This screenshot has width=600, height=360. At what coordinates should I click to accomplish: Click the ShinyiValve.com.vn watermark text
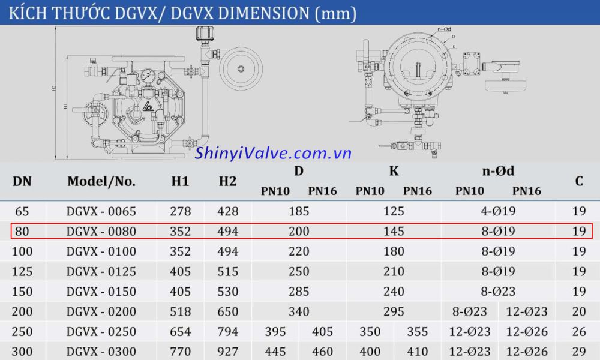(x=273, y=154)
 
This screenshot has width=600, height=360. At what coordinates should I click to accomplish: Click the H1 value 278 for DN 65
(x=180, y=211)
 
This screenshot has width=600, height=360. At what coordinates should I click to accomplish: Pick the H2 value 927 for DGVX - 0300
(x=227, y=352)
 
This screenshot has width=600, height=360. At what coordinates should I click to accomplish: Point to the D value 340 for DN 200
(x=299, y=311)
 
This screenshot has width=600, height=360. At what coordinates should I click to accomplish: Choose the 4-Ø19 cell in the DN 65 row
(x=498, y=211)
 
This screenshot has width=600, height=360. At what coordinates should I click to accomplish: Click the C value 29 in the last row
(x=578, y=352)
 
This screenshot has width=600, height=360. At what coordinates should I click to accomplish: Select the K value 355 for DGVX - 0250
(x=417, y=332)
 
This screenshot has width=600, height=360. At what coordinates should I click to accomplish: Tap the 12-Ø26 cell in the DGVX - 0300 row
(x=526, y=352)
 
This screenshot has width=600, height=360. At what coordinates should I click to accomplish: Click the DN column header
(x=22, y=181)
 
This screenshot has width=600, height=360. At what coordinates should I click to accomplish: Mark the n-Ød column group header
(x=498, y=171)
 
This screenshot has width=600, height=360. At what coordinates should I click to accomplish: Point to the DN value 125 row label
(x=22, y=271)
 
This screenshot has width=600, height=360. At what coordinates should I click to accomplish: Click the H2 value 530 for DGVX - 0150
(x=227, y=292)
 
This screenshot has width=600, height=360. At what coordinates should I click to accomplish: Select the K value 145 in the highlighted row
(x=394, y=232)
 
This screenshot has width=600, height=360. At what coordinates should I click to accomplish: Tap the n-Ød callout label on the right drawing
(x=445, y=29)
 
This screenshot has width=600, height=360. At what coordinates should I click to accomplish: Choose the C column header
(x=578, y=181)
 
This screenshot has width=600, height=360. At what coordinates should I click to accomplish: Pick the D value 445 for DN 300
(x=275, y=352)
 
